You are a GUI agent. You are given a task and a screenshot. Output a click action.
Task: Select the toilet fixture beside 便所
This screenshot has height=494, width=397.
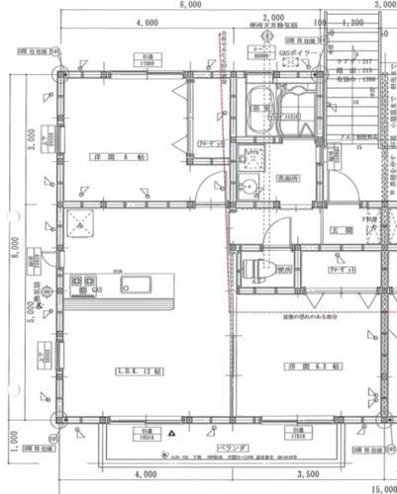coord(260,269)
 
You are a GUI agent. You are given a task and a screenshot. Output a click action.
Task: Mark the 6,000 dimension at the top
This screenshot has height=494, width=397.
coord(193,4)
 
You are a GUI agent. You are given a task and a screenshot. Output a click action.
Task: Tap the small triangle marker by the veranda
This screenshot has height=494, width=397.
coord(171,433)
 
